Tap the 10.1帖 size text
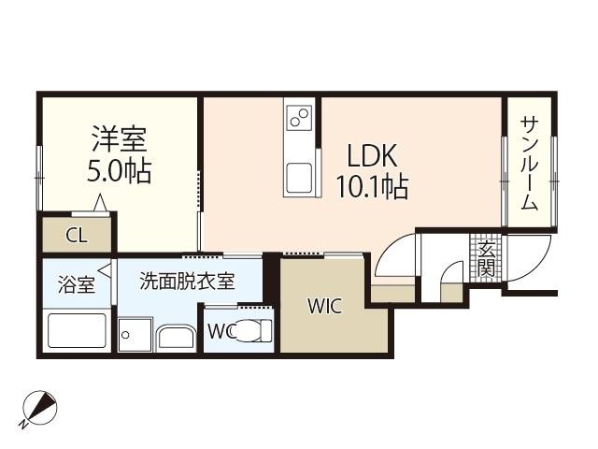pos(372,187)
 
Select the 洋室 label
pos(119,142)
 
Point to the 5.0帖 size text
pos(119,172)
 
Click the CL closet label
pos(76,235)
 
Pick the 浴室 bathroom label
pos(77,284)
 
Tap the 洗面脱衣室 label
pos(187,281)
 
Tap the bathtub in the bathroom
pos(77,331)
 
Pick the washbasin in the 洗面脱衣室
pos(175,336)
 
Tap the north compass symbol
pos(39,409)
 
